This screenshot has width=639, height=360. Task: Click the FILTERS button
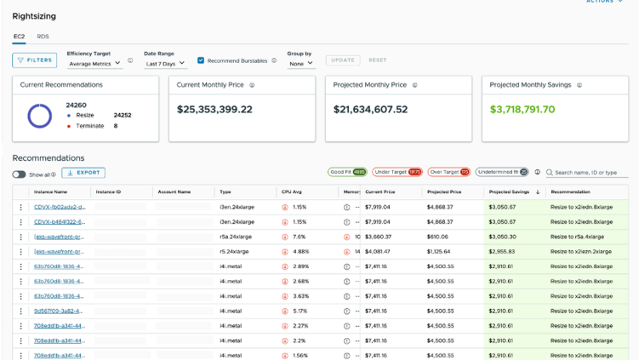(34, 60)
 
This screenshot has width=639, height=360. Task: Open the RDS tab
(43, 37)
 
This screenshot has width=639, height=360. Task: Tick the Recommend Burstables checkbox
(201, 60)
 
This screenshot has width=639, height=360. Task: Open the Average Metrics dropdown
(94, 63)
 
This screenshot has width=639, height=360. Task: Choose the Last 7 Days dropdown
(164, 63)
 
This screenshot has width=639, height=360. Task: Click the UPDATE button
(342, 60)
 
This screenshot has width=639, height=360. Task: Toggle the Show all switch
(20, 174)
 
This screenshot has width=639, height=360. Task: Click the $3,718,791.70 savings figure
(522, 110)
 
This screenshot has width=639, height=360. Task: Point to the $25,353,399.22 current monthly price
(214, 110)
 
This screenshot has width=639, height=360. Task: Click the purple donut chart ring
(40, 115)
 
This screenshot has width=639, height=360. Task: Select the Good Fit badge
(347, 172)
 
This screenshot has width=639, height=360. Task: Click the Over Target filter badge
(448, 172)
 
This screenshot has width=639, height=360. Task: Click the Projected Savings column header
(511, 192)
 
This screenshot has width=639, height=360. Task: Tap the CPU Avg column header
(292, 192)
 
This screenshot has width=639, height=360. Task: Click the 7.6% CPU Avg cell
(299, 237)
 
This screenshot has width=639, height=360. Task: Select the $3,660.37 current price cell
(378, 237)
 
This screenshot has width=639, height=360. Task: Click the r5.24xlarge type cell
(234, 252)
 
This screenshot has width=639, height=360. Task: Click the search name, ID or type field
(588, 172)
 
